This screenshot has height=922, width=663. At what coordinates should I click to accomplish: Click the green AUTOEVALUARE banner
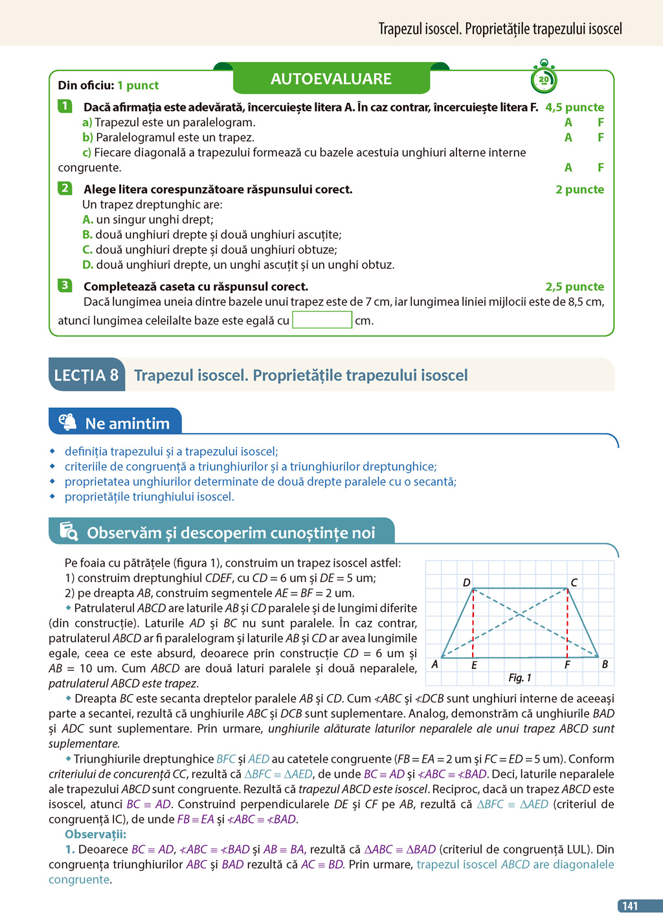(331, 79)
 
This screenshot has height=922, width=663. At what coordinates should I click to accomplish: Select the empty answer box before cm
(322, 320)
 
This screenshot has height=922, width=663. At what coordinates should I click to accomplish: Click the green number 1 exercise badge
(65, 106)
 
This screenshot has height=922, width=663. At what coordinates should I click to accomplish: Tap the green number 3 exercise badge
(65, 286)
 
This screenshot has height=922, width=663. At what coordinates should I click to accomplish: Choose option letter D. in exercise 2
(88, 265)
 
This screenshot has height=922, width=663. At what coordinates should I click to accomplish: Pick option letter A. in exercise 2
(88, 219)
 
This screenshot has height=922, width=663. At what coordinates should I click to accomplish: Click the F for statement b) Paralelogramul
(601, 137)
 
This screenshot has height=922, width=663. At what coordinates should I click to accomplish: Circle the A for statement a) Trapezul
(568, 122)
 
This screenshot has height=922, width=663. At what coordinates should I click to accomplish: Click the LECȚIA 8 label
(86, 375)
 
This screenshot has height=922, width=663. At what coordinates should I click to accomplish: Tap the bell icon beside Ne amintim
(67, 422)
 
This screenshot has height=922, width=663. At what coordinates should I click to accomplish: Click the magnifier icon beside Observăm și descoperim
(69, 532)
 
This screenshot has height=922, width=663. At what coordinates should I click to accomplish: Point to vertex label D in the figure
(466, 582)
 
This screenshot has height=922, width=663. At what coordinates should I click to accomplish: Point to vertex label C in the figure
(574, 582)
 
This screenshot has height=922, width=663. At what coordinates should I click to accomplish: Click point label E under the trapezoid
(474, 665)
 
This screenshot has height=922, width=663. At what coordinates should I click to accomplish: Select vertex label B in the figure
(605, 664)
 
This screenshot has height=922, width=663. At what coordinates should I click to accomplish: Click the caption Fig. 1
(519, 677)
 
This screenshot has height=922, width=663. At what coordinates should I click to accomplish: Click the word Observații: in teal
(95, 834)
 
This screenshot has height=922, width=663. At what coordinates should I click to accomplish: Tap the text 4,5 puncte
(574, 107)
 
